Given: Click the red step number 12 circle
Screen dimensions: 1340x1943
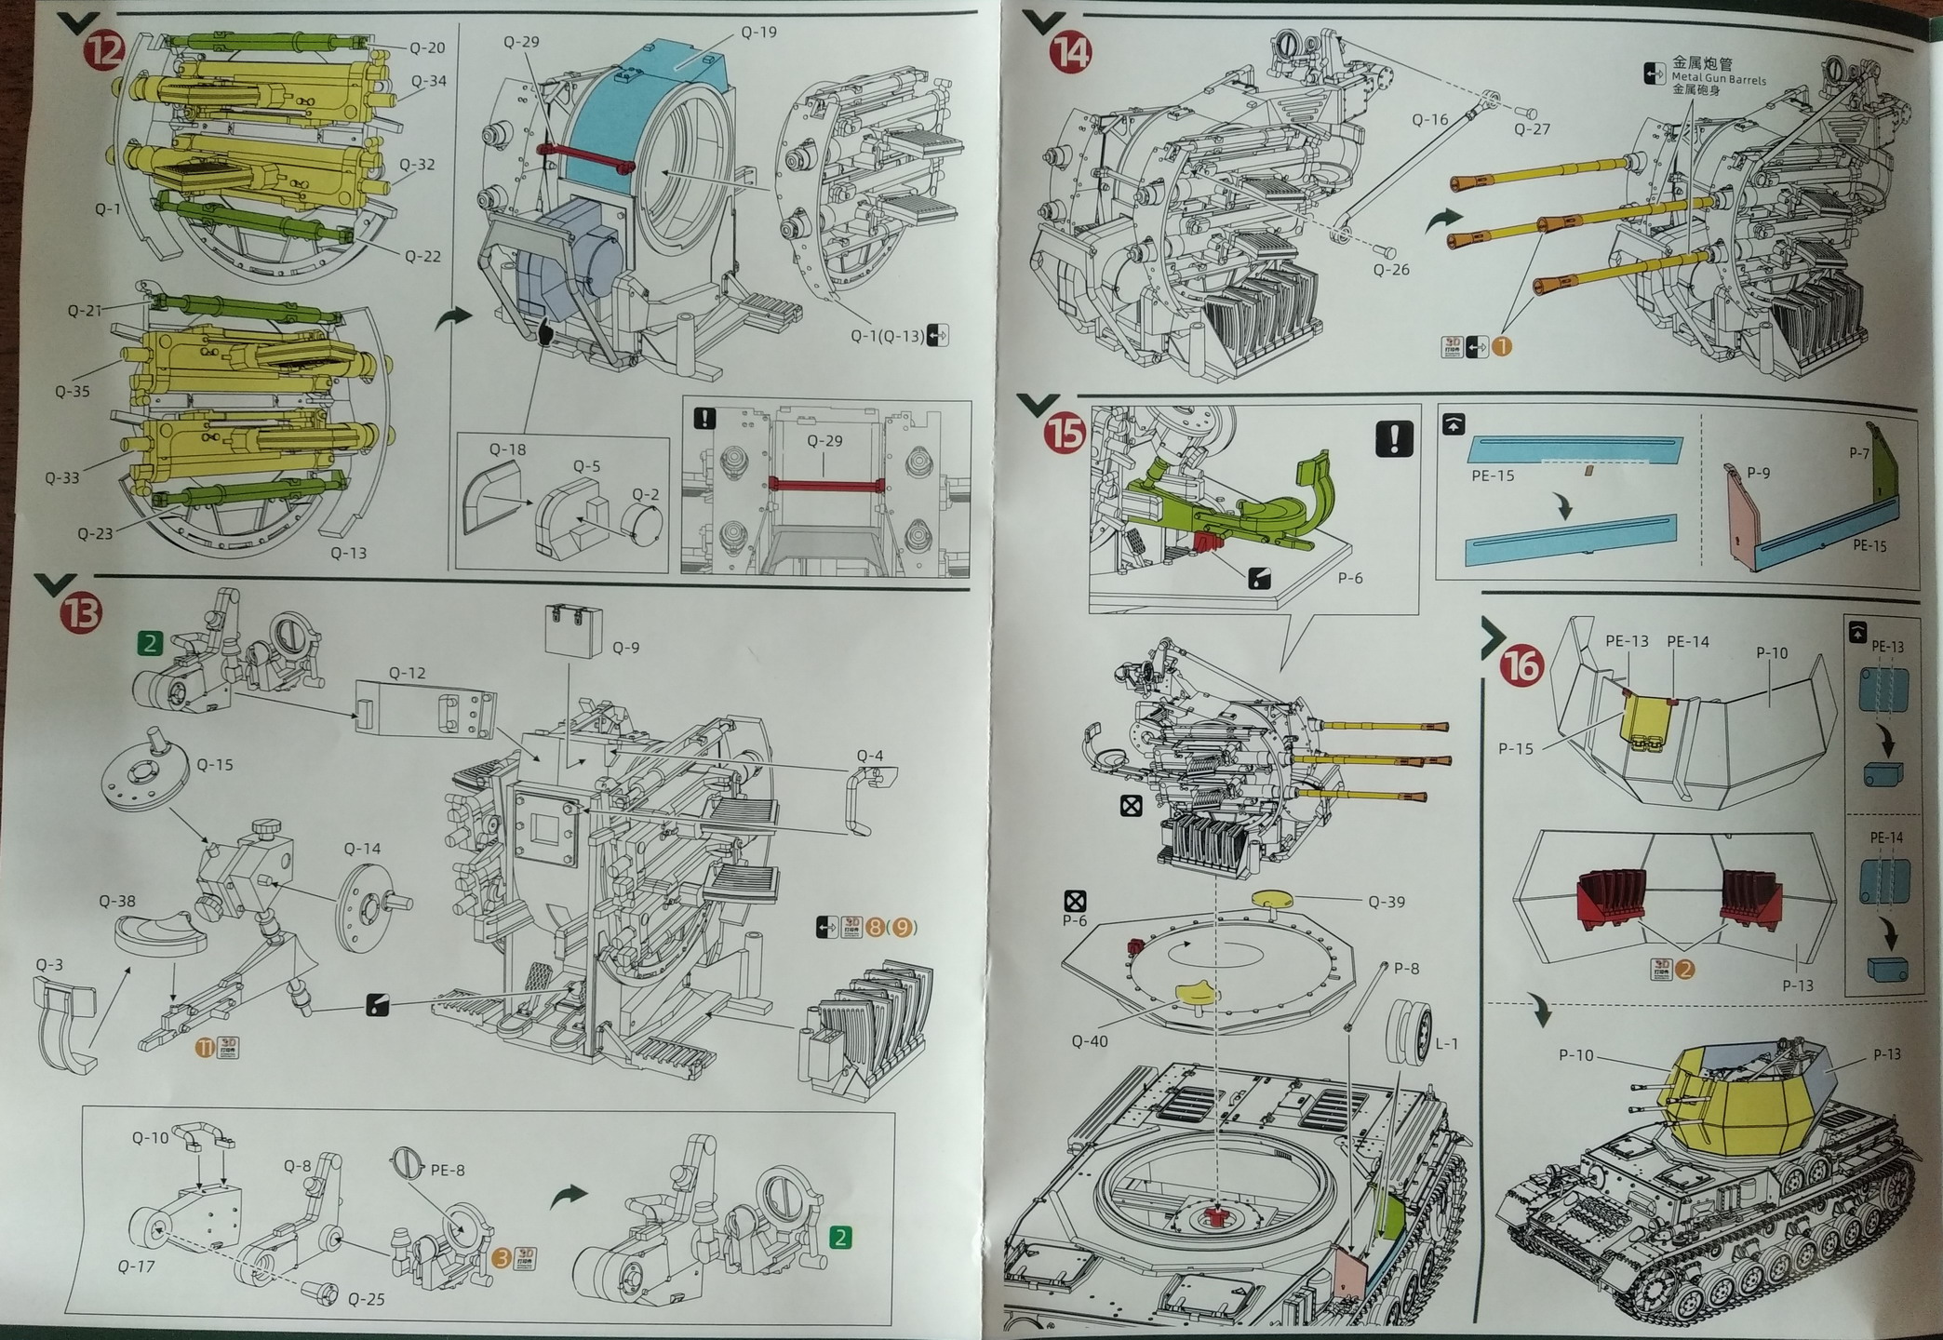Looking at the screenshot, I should pyautogui.click(x=105, y=49).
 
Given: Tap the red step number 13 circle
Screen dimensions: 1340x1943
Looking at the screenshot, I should pyautogui.click(x=81, y=614).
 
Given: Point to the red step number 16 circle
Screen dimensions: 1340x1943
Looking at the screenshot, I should pyautogui.click(x=1522, y=664).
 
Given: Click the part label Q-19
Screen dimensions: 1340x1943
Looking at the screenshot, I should pyautogui.click(x=758, y=33).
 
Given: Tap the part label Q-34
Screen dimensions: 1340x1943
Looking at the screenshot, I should pyautogui.click(x=428, y=81).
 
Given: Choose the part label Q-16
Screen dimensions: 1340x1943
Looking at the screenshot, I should pyautogui.click(x=1429, y=119).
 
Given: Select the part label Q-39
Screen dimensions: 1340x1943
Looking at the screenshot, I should pyautogui.click(x=1387, y=902).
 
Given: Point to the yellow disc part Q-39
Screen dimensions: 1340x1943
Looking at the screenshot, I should pyautogui.click(x=1275, y=898).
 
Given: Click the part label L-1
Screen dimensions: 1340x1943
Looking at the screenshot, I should pyautogui.click(x=1446, y=1043).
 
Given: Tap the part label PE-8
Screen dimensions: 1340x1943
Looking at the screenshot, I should pyautogui.click(x=447, y=1170).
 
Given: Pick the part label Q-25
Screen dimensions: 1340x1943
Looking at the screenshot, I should pyautogui.click(x=366, y=1299).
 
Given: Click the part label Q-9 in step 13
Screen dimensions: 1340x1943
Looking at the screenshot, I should pyautogui.click(x=625, y=648).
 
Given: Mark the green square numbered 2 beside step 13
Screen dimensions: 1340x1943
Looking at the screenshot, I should pyautogui.click(x=150, y=642).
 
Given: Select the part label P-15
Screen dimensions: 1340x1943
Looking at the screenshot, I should pyautogui.click(x=1515, y=748).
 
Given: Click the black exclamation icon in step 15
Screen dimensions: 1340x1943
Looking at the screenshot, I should pyautogui.click(x=1393, y=438).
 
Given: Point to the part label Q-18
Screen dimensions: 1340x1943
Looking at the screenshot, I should pyautogui.click(x=507, y=449).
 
